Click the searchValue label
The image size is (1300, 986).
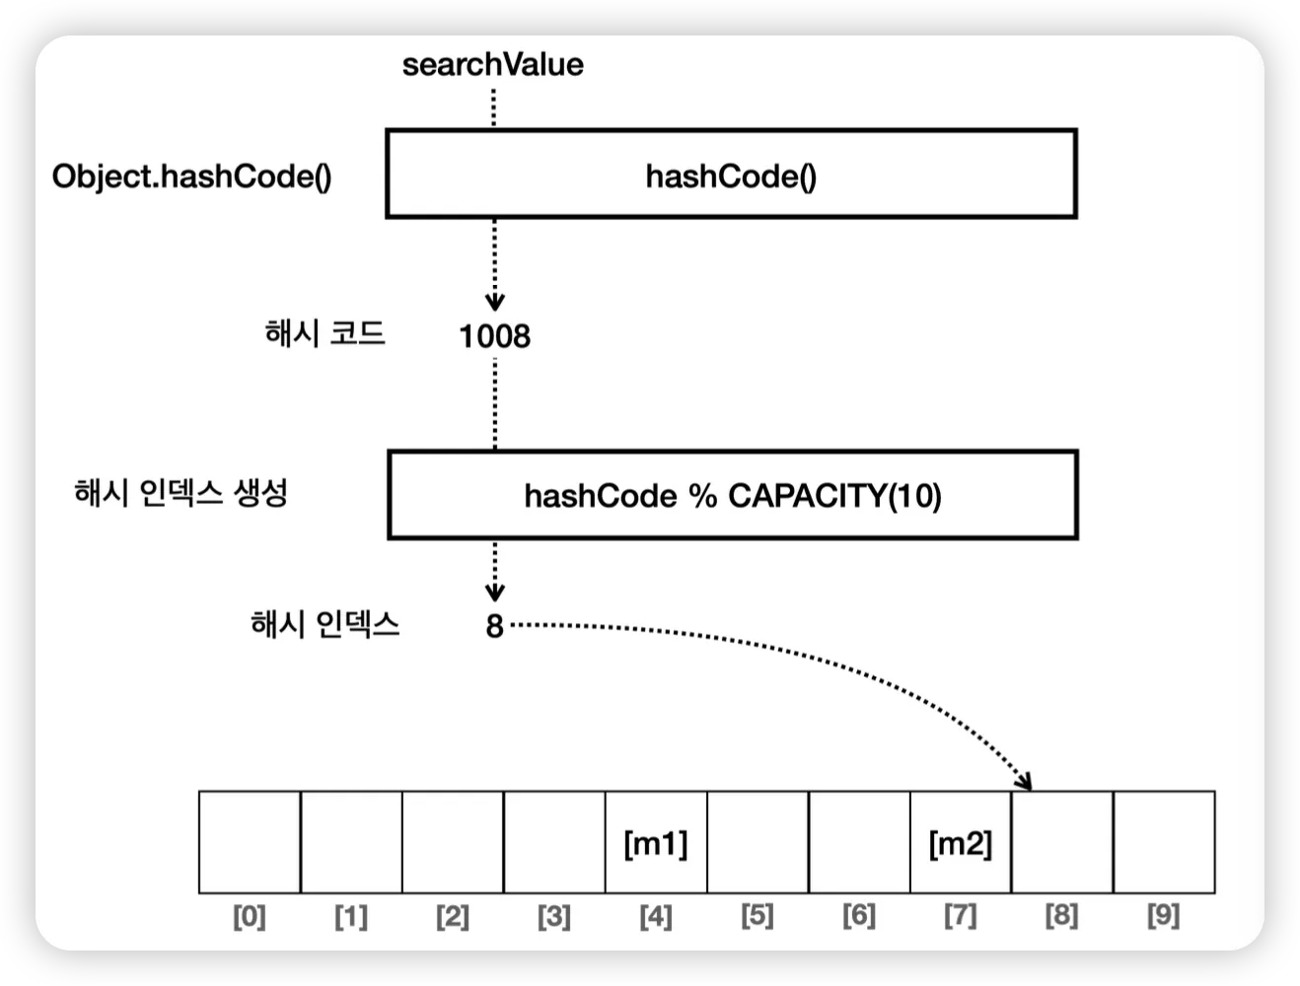pyautogui.click(x=492, y=65)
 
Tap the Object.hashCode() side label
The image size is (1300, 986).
pyautogui.click(x=191, y=176)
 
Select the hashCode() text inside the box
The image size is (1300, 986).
pyautogui.click(x=731, y=176)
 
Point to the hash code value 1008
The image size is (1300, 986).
pyautogui.click(x=494, y=336)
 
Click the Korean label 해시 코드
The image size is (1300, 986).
pyautogui.click(x=325, y=333)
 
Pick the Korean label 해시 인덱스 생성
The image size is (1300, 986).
pyautogui.click(x=181, y=491)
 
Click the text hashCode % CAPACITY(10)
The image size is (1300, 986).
pyautogui.click(x=732, y=495)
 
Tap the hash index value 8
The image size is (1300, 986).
pyautogui.click(x=494, y=625)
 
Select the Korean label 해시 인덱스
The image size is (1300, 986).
pyautogui.click(x=325, y=623)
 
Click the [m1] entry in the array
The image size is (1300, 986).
pyautogui.click(x=656, y=843)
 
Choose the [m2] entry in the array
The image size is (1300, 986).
pyautogui.click(x=961, y=843)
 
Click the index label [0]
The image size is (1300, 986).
pyautogui.click(x=250, y=917)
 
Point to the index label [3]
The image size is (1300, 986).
pyautogui.click(x=554, y=917)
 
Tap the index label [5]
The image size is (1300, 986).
pyautogui.click(x=758, y=917)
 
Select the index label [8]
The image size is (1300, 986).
pyautogui.click(x=1061, y=917)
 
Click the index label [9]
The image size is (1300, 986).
pyautogui.click(x=1164, y=917)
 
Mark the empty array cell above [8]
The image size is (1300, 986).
pyautogui.click(x=1062, y=842)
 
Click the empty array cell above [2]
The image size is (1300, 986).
pyautogui.click(x=453, y=842)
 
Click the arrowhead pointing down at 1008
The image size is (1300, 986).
pyautogui.click(x=495, y=302)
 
